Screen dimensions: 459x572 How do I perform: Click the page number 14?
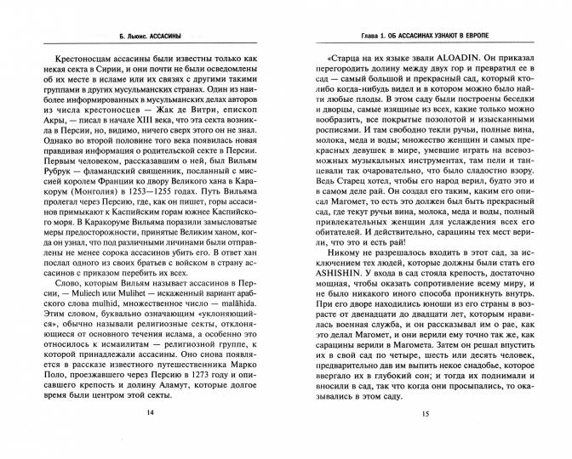(152, 436)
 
